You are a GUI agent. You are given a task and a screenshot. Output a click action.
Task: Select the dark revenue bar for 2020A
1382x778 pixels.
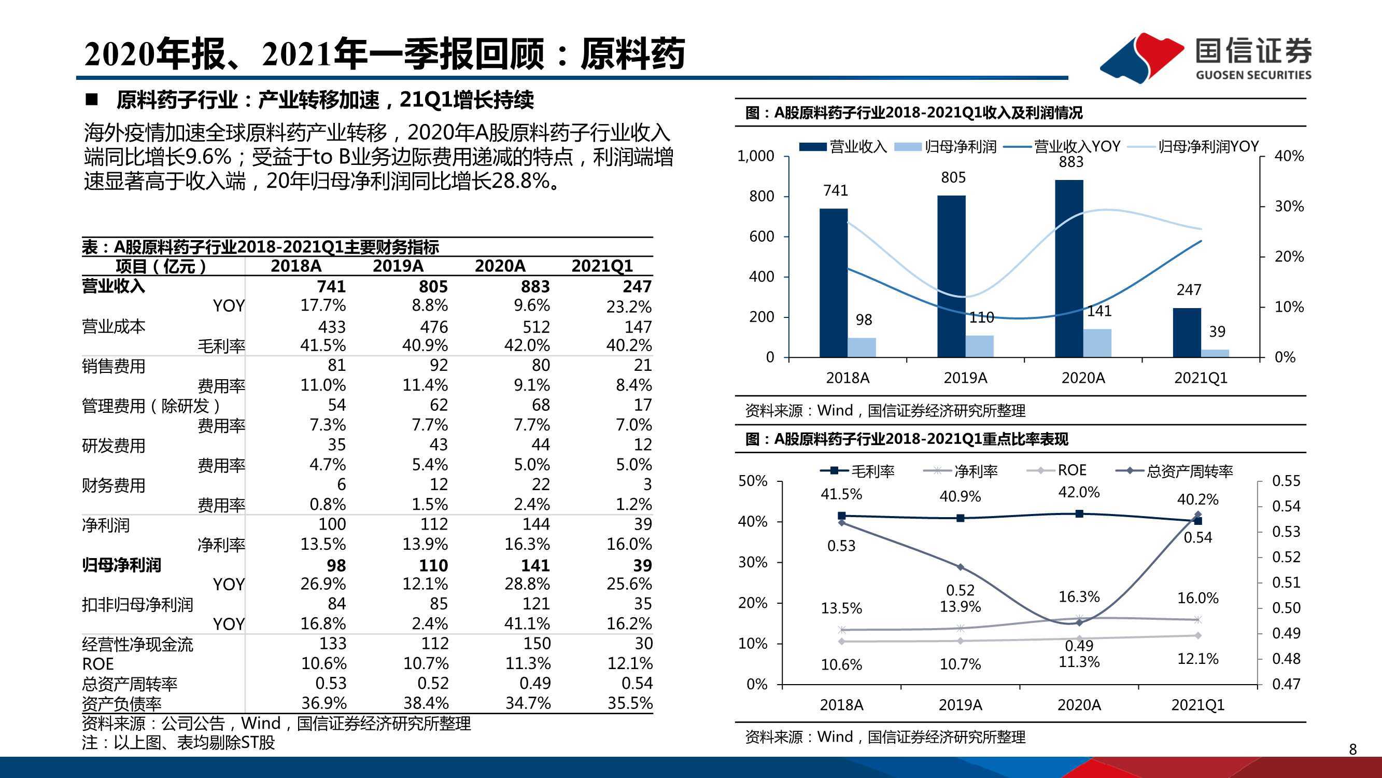coord(1069,269)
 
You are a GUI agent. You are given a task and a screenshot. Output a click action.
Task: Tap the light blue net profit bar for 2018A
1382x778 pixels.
coord(862,348)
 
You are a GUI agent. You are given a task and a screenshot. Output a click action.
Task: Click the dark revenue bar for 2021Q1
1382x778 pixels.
coord(1187,332)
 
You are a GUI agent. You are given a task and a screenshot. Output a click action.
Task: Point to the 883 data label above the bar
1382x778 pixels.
coord(1071,162)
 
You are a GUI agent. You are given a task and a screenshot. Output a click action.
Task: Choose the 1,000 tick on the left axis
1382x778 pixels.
coord(756,156)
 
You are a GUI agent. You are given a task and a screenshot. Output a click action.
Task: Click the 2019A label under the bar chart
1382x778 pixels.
coord(965,378)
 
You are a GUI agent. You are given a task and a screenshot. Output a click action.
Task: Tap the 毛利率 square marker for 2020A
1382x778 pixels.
coord(1079,514)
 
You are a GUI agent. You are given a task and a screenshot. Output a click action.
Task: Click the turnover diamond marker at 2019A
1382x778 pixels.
coord(961,567)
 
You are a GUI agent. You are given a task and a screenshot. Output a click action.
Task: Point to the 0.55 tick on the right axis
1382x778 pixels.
coord(1286,481)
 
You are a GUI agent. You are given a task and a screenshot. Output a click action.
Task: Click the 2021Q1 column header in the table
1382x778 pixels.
coord(602,266)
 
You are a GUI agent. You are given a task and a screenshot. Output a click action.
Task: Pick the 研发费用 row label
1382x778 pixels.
coord(114,446)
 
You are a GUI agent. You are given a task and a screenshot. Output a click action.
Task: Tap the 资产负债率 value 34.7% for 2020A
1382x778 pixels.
coord(528,703)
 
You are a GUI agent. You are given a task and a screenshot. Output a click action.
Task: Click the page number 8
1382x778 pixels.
coord(1352,749)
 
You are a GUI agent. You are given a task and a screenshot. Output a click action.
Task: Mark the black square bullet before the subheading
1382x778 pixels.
coord(92,100)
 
